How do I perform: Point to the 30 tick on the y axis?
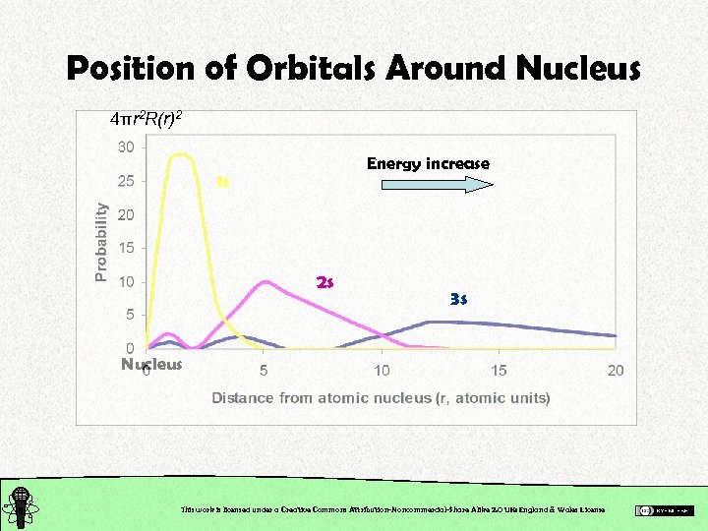point(126,147)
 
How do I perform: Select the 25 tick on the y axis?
point(126,181)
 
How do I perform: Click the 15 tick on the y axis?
point(126,248)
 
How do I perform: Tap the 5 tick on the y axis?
point(129,315)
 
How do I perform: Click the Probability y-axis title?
point(101,242)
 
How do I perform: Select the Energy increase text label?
point(428,163)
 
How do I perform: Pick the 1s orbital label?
point(222,181)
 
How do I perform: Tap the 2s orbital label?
point(325,282)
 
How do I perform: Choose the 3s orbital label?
point(458,298)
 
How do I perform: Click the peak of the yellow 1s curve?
point(181,154)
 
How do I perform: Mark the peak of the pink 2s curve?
point(265,282)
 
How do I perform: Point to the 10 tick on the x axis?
point(382,370)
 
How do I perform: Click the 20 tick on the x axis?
point(616,370)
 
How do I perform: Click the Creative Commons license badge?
point(665,509)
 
